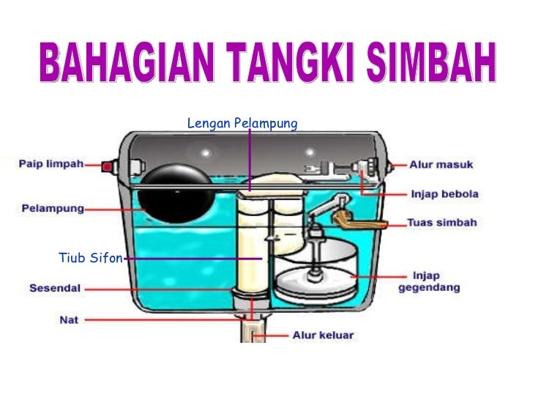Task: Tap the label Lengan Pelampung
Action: (x=242, y=123)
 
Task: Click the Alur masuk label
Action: (x=441, y=165)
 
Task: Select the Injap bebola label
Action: (x=444, y=194)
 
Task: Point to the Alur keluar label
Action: (x=323, y=336)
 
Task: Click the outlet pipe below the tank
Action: (x=251, y=329)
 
